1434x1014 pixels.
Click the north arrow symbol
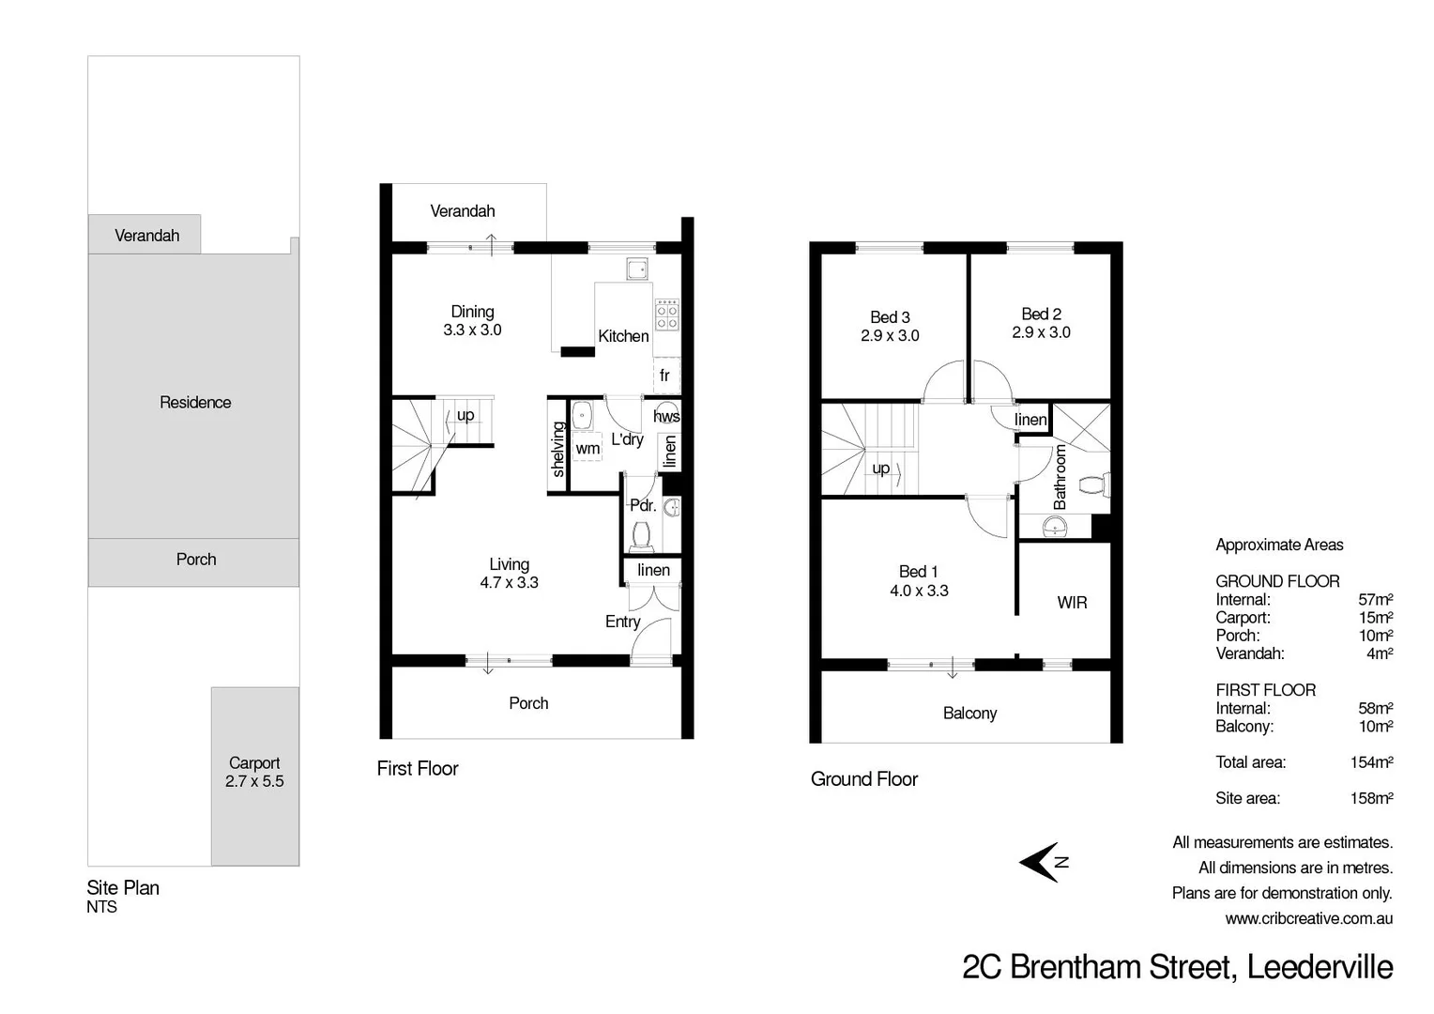point(1041,862)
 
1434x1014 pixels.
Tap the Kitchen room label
point(623,336)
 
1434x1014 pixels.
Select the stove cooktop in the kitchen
point(667,314)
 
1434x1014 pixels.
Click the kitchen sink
point(637,268)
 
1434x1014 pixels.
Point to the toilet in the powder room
point(642,535)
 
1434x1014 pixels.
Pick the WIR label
point(1072,603)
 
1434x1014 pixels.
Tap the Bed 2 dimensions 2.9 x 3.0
point(1041,332)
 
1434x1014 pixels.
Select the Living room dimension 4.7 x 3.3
point(509,582)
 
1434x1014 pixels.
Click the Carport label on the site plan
point(254,763)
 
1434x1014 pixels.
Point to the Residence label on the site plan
point(195,403)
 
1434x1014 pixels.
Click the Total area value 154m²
point(1371,762)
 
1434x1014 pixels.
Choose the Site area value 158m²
point(1371,799)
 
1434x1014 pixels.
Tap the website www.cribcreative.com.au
point(1308,919)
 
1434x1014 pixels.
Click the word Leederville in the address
point(1320,967)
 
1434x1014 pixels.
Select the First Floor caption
point(418,769)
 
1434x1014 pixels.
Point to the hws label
point(666,416)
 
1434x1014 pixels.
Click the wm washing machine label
point(587,449)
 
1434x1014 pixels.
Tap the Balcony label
point(969,714)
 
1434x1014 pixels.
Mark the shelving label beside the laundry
point(558,449)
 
